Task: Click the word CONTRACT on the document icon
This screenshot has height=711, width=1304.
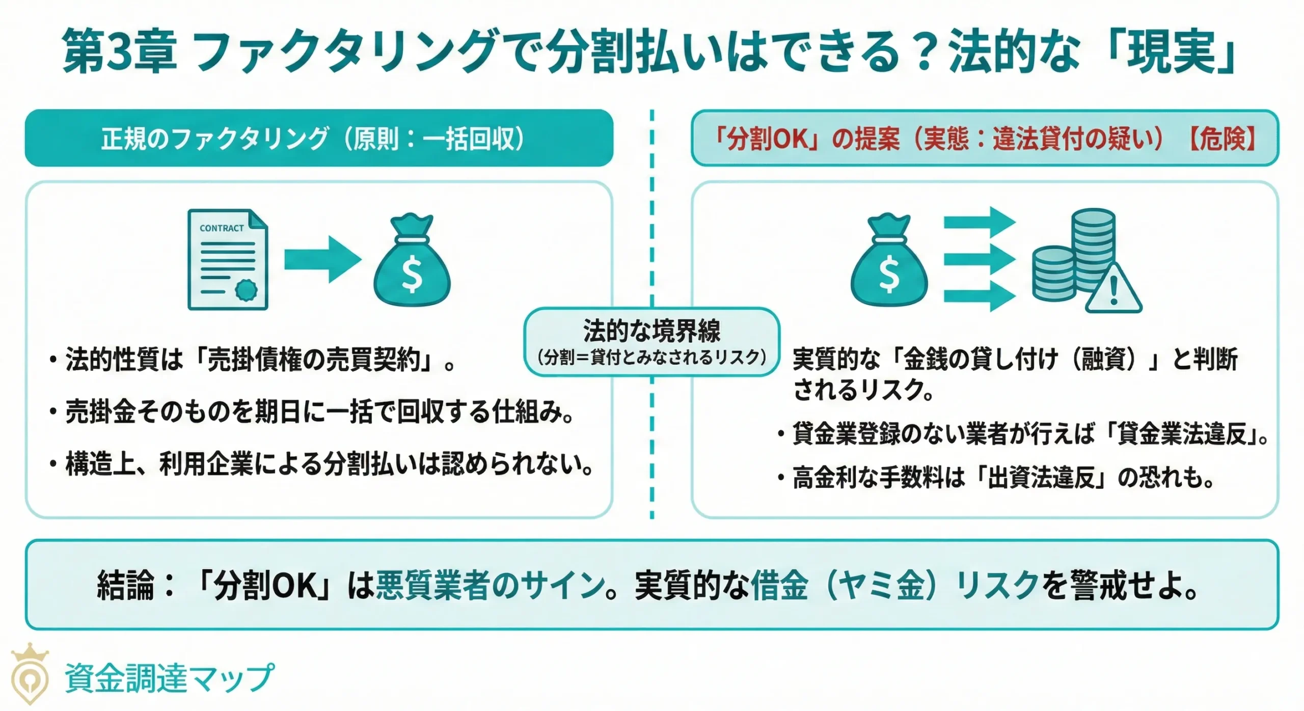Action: point(222,228)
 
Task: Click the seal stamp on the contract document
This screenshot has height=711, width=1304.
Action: point(246,290)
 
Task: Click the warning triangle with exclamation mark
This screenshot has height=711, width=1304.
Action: point(1113,290)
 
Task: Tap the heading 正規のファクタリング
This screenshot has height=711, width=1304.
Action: point(214,139)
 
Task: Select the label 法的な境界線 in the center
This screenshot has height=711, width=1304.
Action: point(651,331)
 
